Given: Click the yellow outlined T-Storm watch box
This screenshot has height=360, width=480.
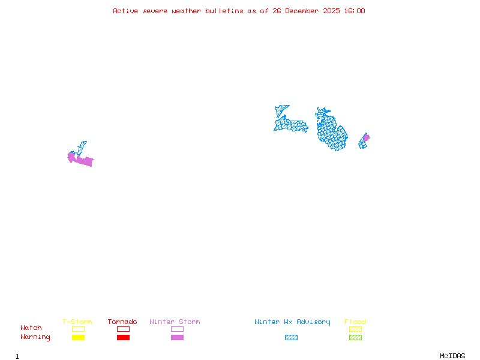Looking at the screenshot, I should [78, 329].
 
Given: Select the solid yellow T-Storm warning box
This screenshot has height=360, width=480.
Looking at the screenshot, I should [78, 338].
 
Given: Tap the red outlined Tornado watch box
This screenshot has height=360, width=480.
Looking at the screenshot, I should [123, 329].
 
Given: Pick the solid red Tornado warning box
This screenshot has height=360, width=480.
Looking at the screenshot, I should [123, 338].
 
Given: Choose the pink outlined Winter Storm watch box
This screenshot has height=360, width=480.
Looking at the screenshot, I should [177, 329].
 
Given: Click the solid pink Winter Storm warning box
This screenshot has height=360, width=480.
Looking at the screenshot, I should [177, 338].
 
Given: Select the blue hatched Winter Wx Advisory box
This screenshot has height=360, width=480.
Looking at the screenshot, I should [291, 338].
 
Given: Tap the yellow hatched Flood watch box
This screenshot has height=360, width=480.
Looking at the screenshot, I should [355, 329].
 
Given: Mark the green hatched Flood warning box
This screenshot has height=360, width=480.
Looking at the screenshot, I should [355, 338].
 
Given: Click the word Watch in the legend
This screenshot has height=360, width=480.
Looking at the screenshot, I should [31, 328].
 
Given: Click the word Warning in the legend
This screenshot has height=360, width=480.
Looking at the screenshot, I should [35, 337].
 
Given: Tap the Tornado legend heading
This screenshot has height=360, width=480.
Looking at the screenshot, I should [122, 322].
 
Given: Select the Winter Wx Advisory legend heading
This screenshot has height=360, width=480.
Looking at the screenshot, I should [292, 322].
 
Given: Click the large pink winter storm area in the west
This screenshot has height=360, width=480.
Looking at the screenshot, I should [83, 160].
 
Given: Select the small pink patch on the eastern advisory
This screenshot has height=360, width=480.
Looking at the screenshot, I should [366, 137].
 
